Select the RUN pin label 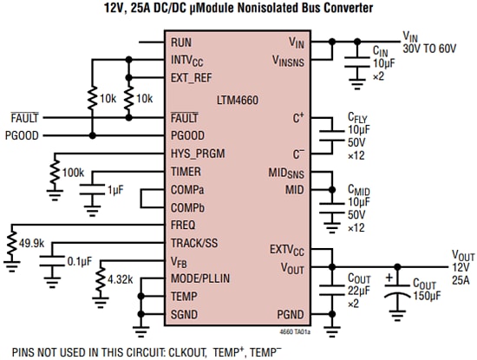point(181,42)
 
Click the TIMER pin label point(186,172)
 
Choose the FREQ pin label point(184,225)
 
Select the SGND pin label point(185,315)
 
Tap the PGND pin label point(290,315)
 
